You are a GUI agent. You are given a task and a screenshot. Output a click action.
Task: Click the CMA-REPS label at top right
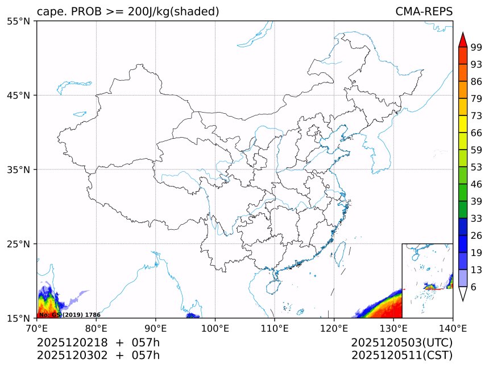424,11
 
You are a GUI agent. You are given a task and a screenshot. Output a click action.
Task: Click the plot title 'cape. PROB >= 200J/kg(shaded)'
128,11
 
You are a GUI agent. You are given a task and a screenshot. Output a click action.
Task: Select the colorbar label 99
476,48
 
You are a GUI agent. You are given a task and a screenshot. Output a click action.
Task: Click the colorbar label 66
476,133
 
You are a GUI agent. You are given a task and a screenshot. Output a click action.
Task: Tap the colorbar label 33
476,218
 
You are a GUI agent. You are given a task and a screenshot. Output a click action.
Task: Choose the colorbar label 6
474,287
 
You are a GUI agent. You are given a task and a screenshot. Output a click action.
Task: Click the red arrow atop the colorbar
462,40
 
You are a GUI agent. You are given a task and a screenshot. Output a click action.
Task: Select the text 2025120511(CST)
401,355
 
